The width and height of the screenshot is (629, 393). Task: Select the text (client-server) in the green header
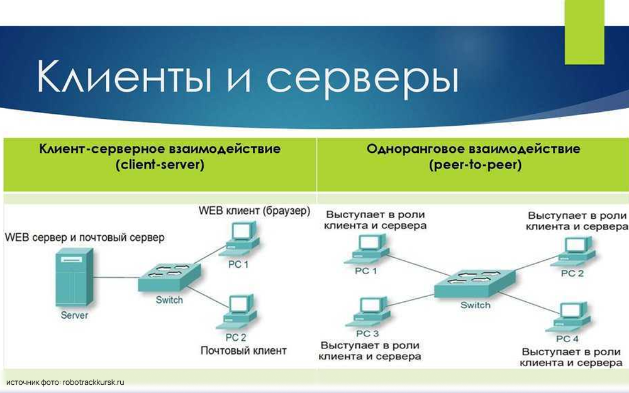(x=160, y=166)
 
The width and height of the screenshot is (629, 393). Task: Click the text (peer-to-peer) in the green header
(x=473, y=166)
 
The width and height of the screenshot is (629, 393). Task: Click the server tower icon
(x=74, y=277)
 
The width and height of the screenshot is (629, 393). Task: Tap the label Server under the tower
(x=74, y=315)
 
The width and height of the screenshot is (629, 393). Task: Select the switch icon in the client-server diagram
(x=169, y=276)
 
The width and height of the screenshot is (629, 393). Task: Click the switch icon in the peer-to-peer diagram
(x=476, y=285)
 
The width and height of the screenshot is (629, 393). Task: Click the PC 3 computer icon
(x=367, y=312)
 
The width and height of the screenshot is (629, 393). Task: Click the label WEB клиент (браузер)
(x=254, y=211)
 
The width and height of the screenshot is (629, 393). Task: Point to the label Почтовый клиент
(x=243, y=350)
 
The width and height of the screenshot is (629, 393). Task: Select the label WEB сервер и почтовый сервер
(x=85, y=238)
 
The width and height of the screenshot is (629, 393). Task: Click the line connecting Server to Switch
(x=116, y=277)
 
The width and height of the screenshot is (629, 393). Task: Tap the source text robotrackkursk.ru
(x=94, y=382)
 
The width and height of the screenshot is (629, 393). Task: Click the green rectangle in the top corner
(x=584, y=31)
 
